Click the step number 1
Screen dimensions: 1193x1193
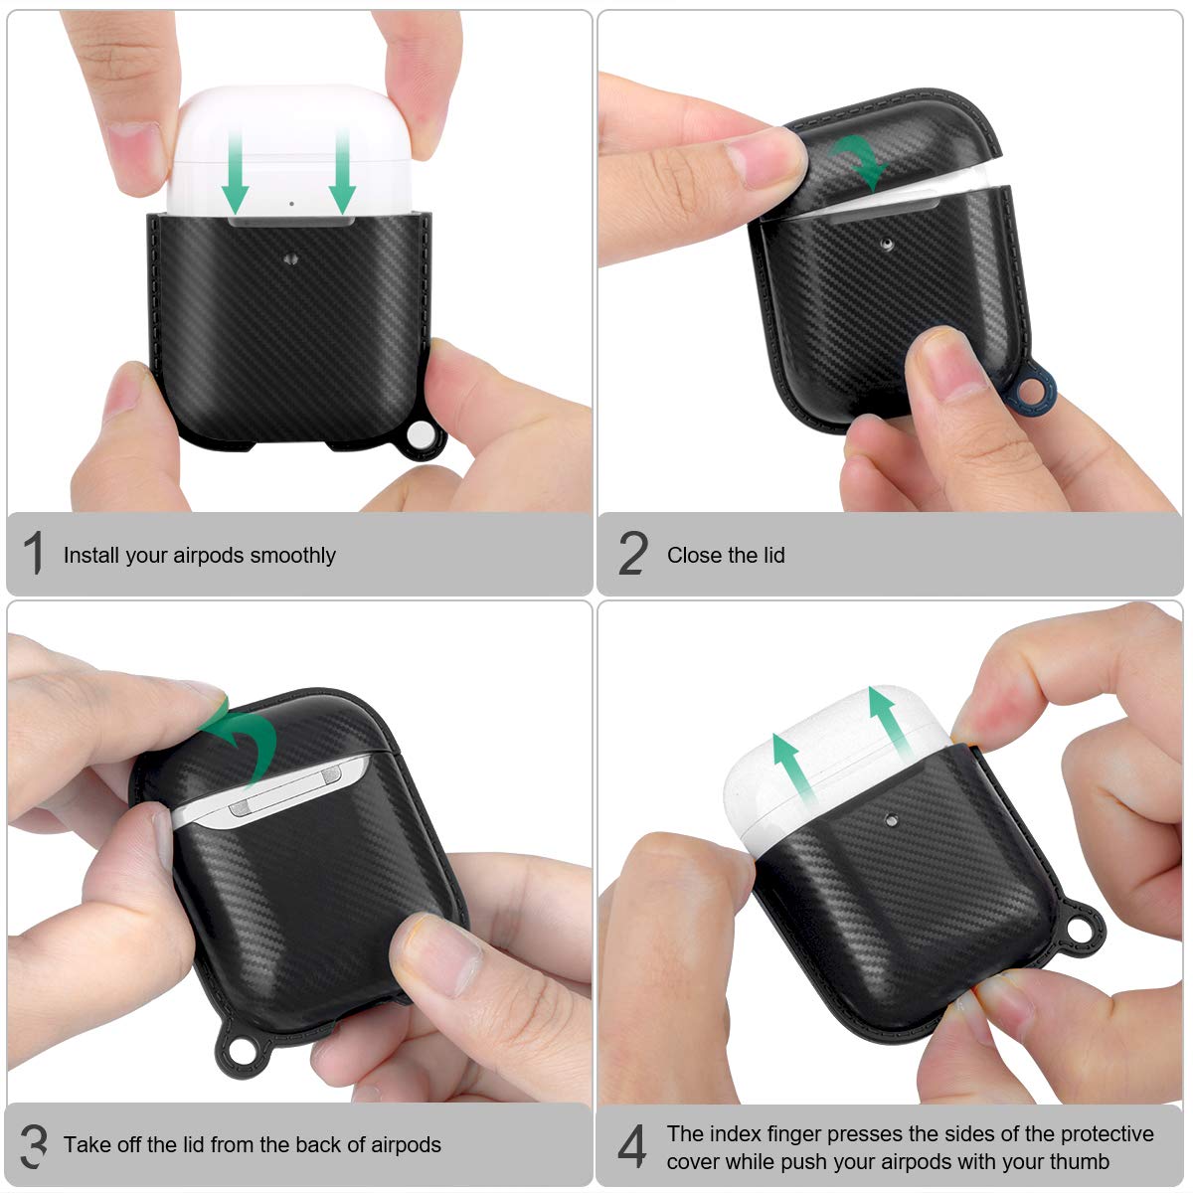(x=34, y=554)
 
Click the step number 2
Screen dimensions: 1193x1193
(x=633, y=554)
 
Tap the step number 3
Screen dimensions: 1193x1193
(x=34, y=1145)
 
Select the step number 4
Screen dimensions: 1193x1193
(x=632, y=1146)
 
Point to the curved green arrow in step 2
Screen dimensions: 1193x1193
(x=861, y=160)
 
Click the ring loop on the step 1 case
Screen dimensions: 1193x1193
(x=422, y=436)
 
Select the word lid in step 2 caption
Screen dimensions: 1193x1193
(x=773, y=555)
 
